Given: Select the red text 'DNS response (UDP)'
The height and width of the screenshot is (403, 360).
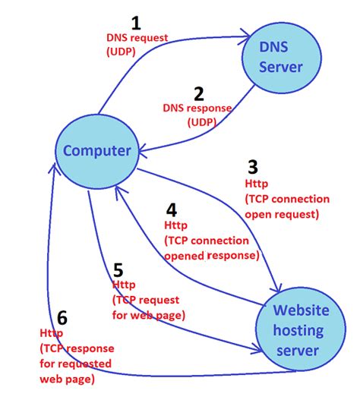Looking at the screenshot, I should click(197, 115).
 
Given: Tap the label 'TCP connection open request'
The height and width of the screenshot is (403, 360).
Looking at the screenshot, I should click(287, 206).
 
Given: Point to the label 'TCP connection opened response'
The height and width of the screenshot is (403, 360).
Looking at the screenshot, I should click(212, 248).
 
